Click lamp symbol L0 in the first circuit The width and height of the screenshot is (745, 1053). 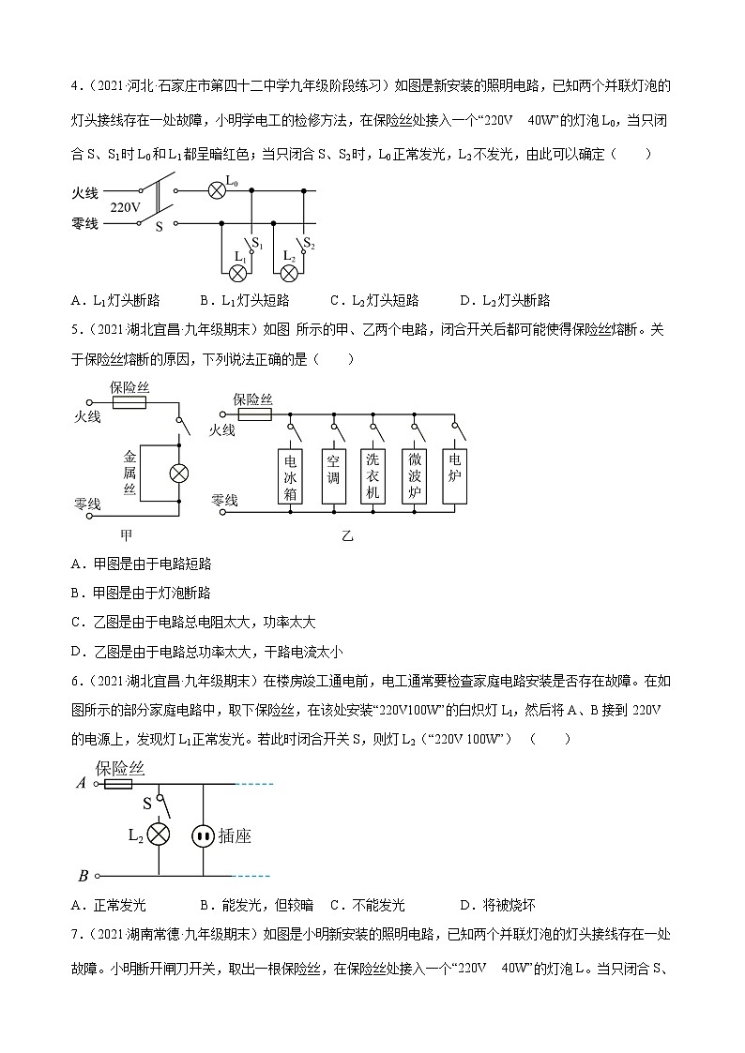coord(216,189)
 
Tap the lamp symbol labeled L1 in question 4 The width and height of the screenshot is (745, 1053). coord(238,273)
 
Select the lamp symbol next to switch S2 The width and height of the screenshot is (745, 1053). coord(290,273)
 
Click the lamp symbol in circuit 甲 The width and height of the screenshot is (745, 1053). coord(178,474)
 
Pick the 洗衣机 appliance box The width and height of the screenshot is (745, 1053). coord(372,477)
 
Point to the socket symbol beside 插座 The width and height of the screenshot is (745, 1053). coord(204,835)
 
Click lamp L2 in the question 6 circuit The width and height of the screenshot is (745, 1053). coord(160,834)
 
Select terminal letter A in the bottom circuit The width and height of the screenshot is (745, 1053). coord(82,783)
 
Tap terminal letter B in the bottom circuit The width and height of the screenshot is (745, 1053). coord(83,876)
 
